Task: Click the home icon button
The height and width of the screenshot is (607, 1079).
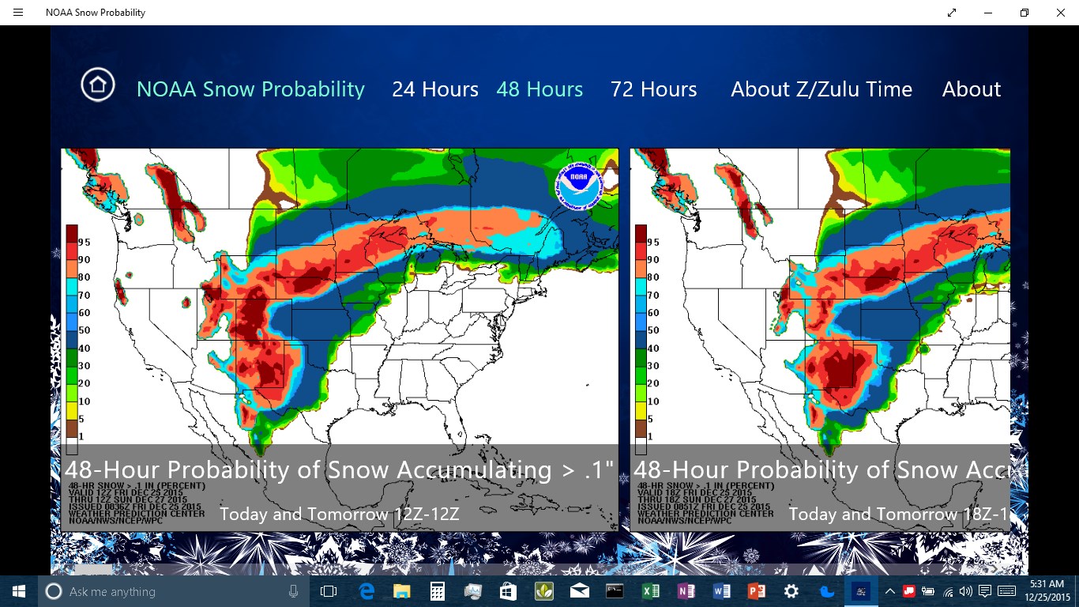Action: coord(98,85)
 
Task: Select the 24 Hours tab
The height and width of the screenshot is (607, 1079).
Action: coord(435,89)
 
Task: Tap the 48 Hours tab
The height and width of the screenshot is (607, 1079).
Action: coord(539,89)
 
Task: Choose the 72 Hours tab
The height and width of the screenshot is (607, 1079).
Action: coord(653,89)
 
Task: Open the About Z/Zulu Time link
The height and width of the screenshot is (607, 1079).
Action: coord(821,89)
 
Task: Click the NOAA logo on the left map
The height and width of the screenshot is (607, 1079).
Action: coord(579,186)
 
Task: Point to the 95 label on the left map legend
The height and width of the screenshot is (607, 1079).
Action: coord(85,242)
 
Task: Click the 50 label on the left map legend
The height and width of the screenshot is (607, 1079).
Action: coord(85,330)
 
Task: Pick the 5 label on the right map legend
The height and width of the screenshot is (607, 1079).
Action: coord(651,419)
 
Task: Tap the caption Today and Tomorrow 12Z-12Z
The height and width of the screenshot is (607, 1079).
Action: coord(339,515)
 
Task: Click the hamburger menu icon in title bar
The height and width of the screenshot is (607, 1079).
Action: coord(18,13)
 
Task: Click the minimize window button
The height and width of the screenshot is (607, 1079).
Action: coord(988,13)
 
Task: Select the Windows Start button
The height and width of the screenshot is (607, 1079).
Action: coord(18,591)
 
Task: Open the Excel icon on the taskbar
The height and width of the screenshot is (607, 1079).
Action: coord(650,591)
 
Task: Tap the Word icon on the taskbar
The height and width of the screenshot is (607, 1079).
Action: coord(721,591)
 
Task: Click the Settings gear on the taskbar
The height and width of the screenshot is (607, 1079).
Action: coord(791,591)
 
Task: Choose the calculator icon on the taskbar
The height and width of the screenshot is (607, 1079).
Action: coord(437,591)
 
